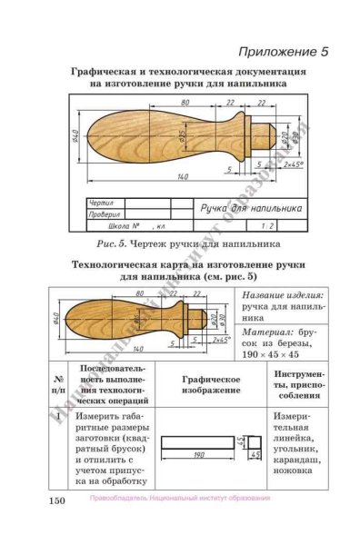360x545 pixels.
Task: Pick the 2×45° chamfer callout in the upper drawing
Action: (293, 165)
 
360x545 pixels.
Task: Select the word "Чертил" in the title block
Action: (101, 203)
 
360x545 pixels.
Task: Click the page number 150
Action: (59, 499)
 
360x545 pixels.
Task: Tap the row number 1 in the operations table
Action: (58, 418)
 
